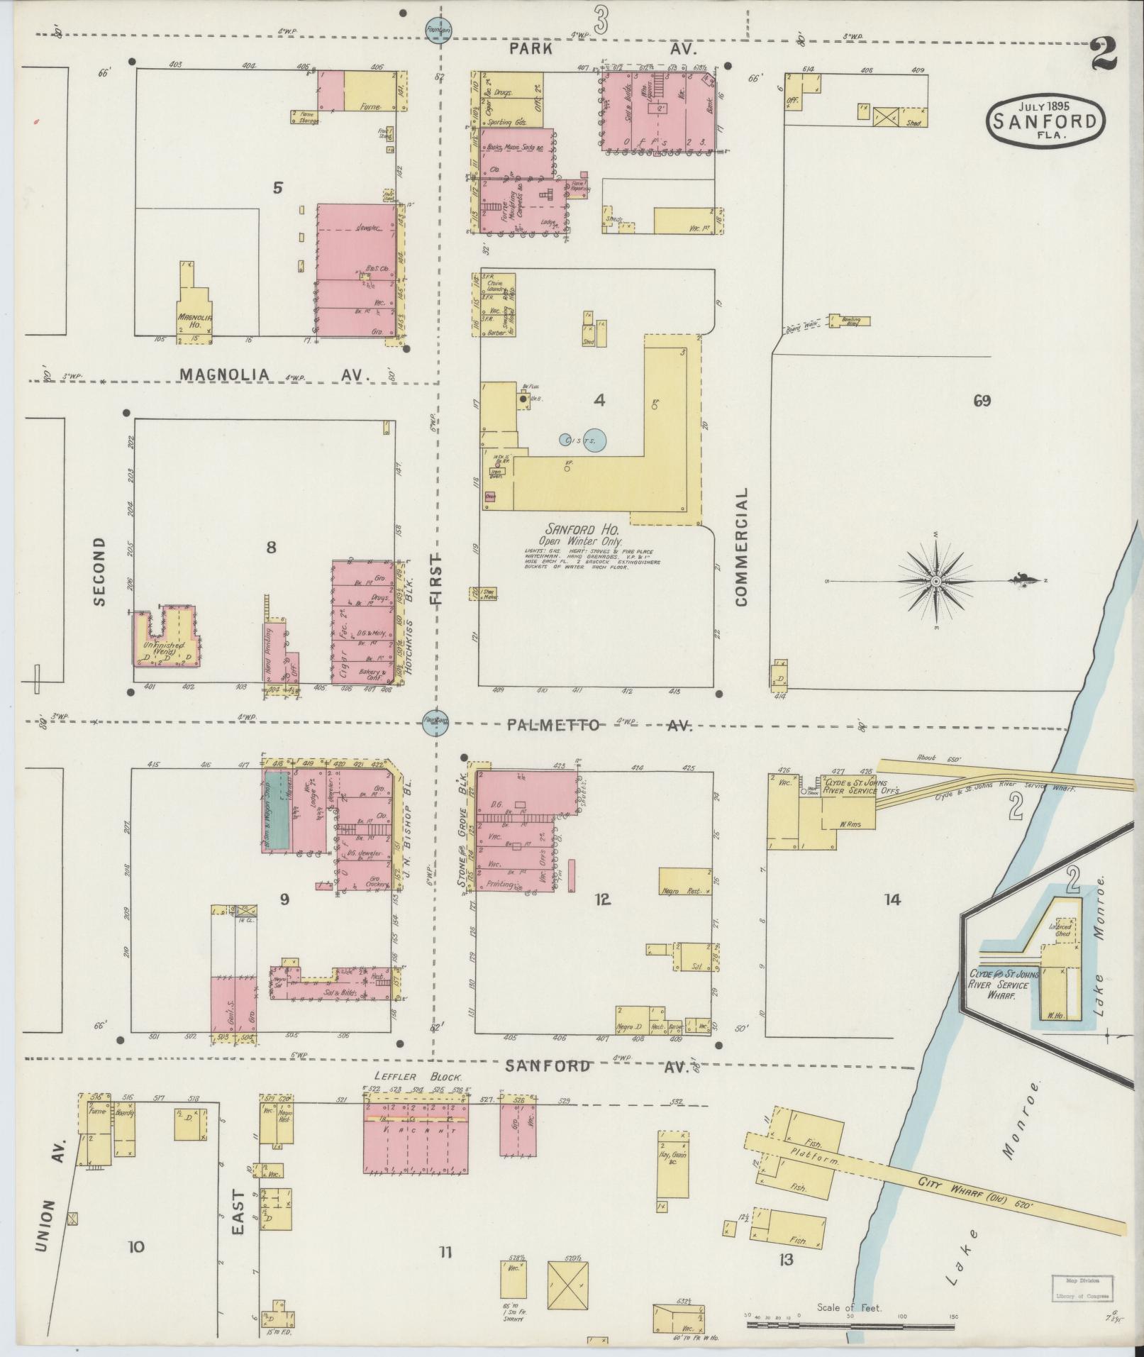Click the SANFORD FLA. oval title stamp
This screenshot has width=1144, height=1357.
(x=1046, y=121)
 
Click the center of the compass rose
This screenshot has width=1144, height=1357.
(x=935, y=581)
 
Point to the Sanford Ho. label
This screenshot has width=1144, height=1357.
(x=582, y=529)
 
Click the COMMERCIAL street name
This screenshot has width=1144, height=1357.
(x=742, y=546)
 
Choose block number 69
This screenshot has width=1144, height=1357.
(x=982, y=401)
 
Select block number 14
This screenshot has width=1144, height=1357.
(x=892, y=900)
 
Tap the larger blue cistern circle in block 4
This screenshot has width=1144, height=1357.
(x=593, y=440)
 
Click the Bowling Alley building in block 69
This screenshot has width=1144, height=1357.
(x=850, y=320)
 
